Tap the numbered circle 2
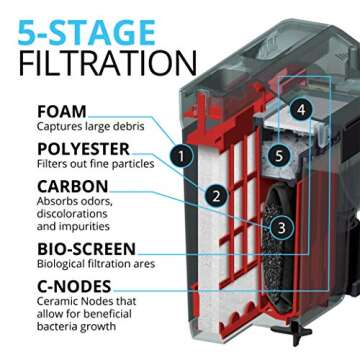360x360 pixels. pyautogui.click(x=215, y=196)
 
